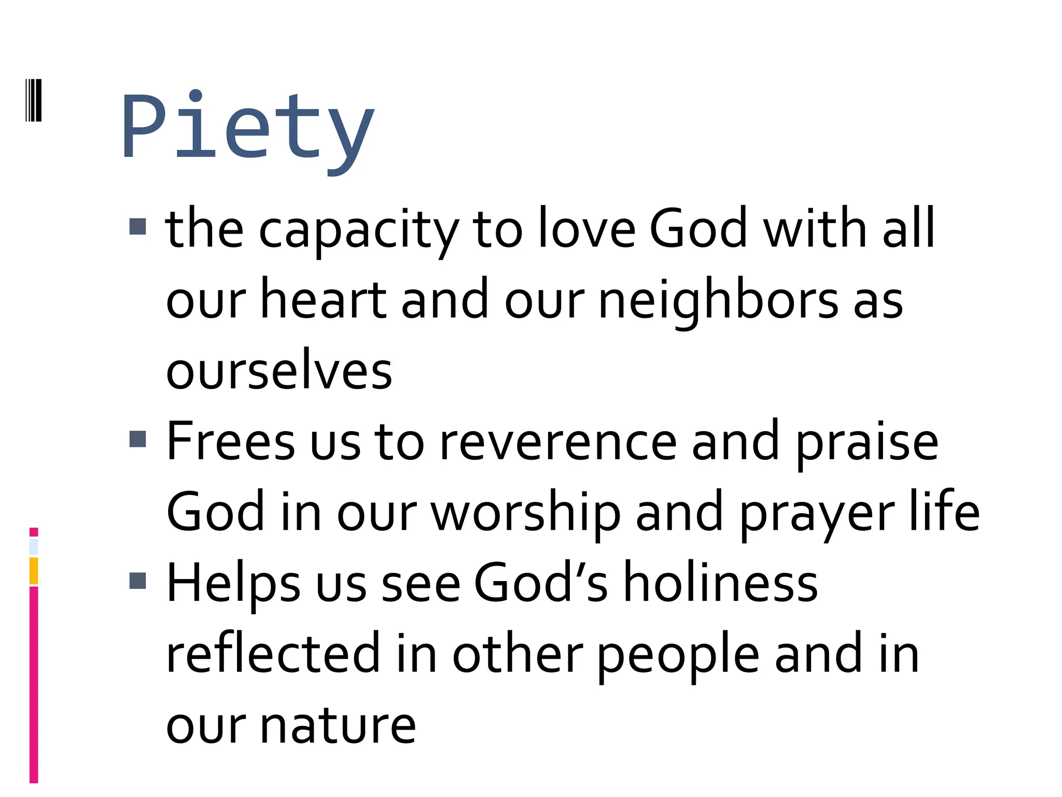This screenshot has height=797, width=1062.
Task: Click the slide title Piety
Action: click(x=247, y=127)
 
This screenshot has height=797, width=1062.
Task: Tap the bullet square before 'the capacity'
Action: click(x=137, y=226)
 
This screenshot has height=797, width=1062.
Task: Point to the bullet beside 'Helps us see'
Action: click(x=137, y=581)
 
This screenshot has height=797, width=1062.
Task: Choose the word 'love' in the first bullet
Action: click(x=586, y=228)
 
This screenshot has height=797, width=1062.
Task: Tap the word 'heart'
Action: click(x=323, y=300)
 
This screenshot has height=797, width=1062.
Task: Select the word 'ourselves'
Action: click(x=279, y=370)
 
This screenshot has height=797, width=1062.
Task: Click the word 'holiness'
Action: click(x=720, y=583)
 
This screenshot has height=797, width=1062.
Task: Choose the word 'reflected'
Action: click(x=273, y=654)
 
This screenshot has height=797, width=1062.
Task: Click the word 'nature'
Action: click(x=338, y=725)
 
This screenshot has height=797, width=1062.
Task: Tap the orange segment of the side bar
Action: click(x=34, y=571)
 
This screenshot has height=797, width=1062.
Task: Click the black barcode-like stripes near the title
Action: click(x=34, y=100)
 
